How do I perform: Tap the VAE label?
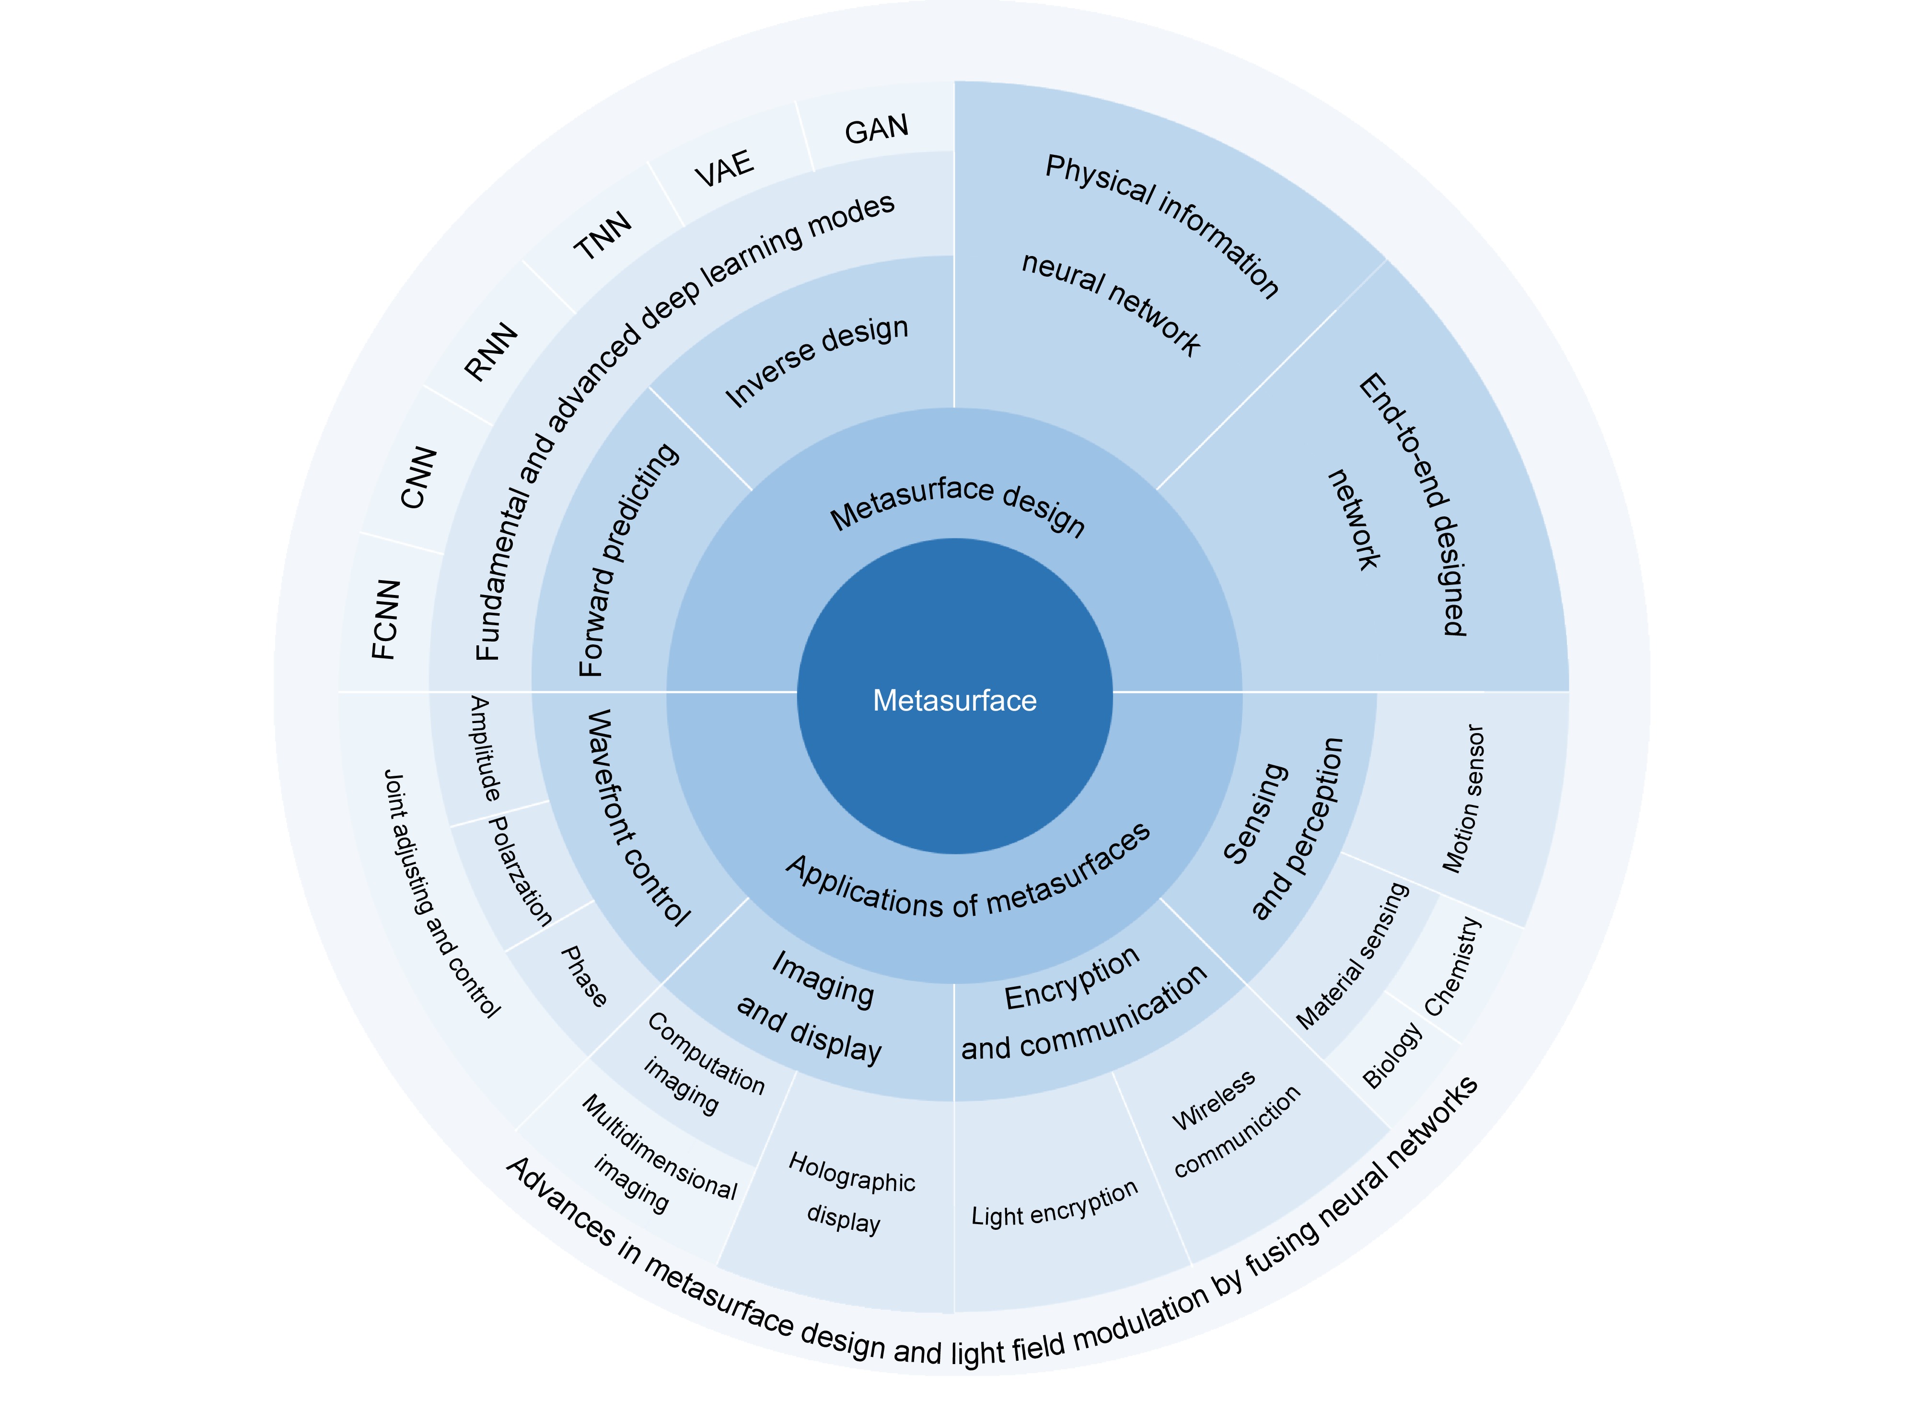[x=724, y=168]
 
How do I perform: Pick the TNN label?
[x=603, y=235]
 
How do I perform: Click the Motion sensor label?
[x=1463, y=798]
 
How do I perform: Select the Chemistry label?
[x=1452, y=966]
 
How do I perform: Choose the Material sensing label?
[x=1352, y=955]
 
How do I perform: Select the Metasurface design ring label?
[x=957, y=505]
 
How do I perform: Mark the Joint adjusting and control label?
[x=441, y=893]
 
